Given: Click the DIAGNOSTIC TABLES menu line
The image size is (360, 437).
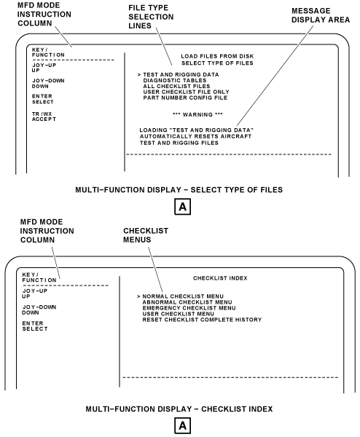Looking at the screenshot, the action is [x=175, y=80].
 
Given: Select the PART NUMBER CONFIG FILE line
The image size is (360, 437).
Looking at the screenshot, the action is [x=185, y=98].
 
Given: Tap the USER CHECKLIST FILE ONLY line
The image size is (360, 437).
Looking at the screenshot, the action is [x=187, y=92].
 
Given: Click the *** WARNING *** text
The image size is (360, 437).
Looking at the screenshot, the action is [x=197, y=114].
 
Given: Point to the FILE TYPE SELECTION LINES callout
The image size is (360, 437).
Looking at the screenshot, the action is [x=151, y=17].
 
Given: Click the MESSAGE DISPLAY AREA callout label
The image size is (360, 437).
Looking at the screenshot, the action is [x=321, y=15].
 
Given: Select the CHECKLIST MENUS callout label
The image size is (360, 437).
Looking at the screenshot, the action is [x=146, y=235].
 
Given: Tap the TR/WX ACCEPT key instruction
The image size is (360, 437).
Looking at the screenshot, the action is [x=44, y=117].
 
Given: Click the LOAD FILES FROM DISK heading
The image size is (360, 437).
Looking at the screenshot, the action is [x=217, y=56].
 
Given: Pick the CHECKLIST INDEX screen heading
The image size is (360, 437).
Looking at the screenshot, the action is [x=220, y=278].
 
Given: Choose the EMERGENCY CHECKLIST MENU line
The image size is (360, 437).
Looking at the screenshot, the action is [x=189, y=308].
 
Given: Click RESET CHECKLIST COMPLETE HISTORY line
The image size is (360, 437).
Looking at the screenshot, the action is [x=202, y=320].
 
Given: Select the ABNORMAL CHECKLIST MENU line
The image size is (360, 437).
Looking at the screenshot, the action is [x=187, y=302].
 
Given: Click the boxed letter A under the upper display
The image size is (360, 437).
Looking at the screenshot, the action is [x=183, y=207].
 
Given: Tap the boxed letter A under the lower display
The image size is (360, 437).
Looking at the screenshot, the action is [x=183, y=425].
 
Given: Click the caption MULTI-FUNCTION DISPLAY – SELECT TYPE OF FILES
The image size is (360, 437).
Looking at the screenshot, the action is [x=179, y=190].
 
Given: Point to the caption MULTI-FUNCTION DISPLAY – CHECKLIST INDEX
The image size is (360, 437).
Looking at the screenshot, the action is [x=179, y=409].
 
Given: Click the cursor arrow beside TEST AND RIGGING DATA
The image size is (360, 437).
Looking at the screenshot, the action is [x=139, y=75].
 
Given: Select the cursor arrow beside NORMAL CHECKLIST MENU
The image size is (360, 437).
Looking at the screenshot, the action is [x=138, y=296].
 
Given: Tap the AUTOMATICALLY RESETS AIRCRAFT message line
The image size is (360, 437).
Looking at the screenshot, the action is [x=195, y=136].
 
